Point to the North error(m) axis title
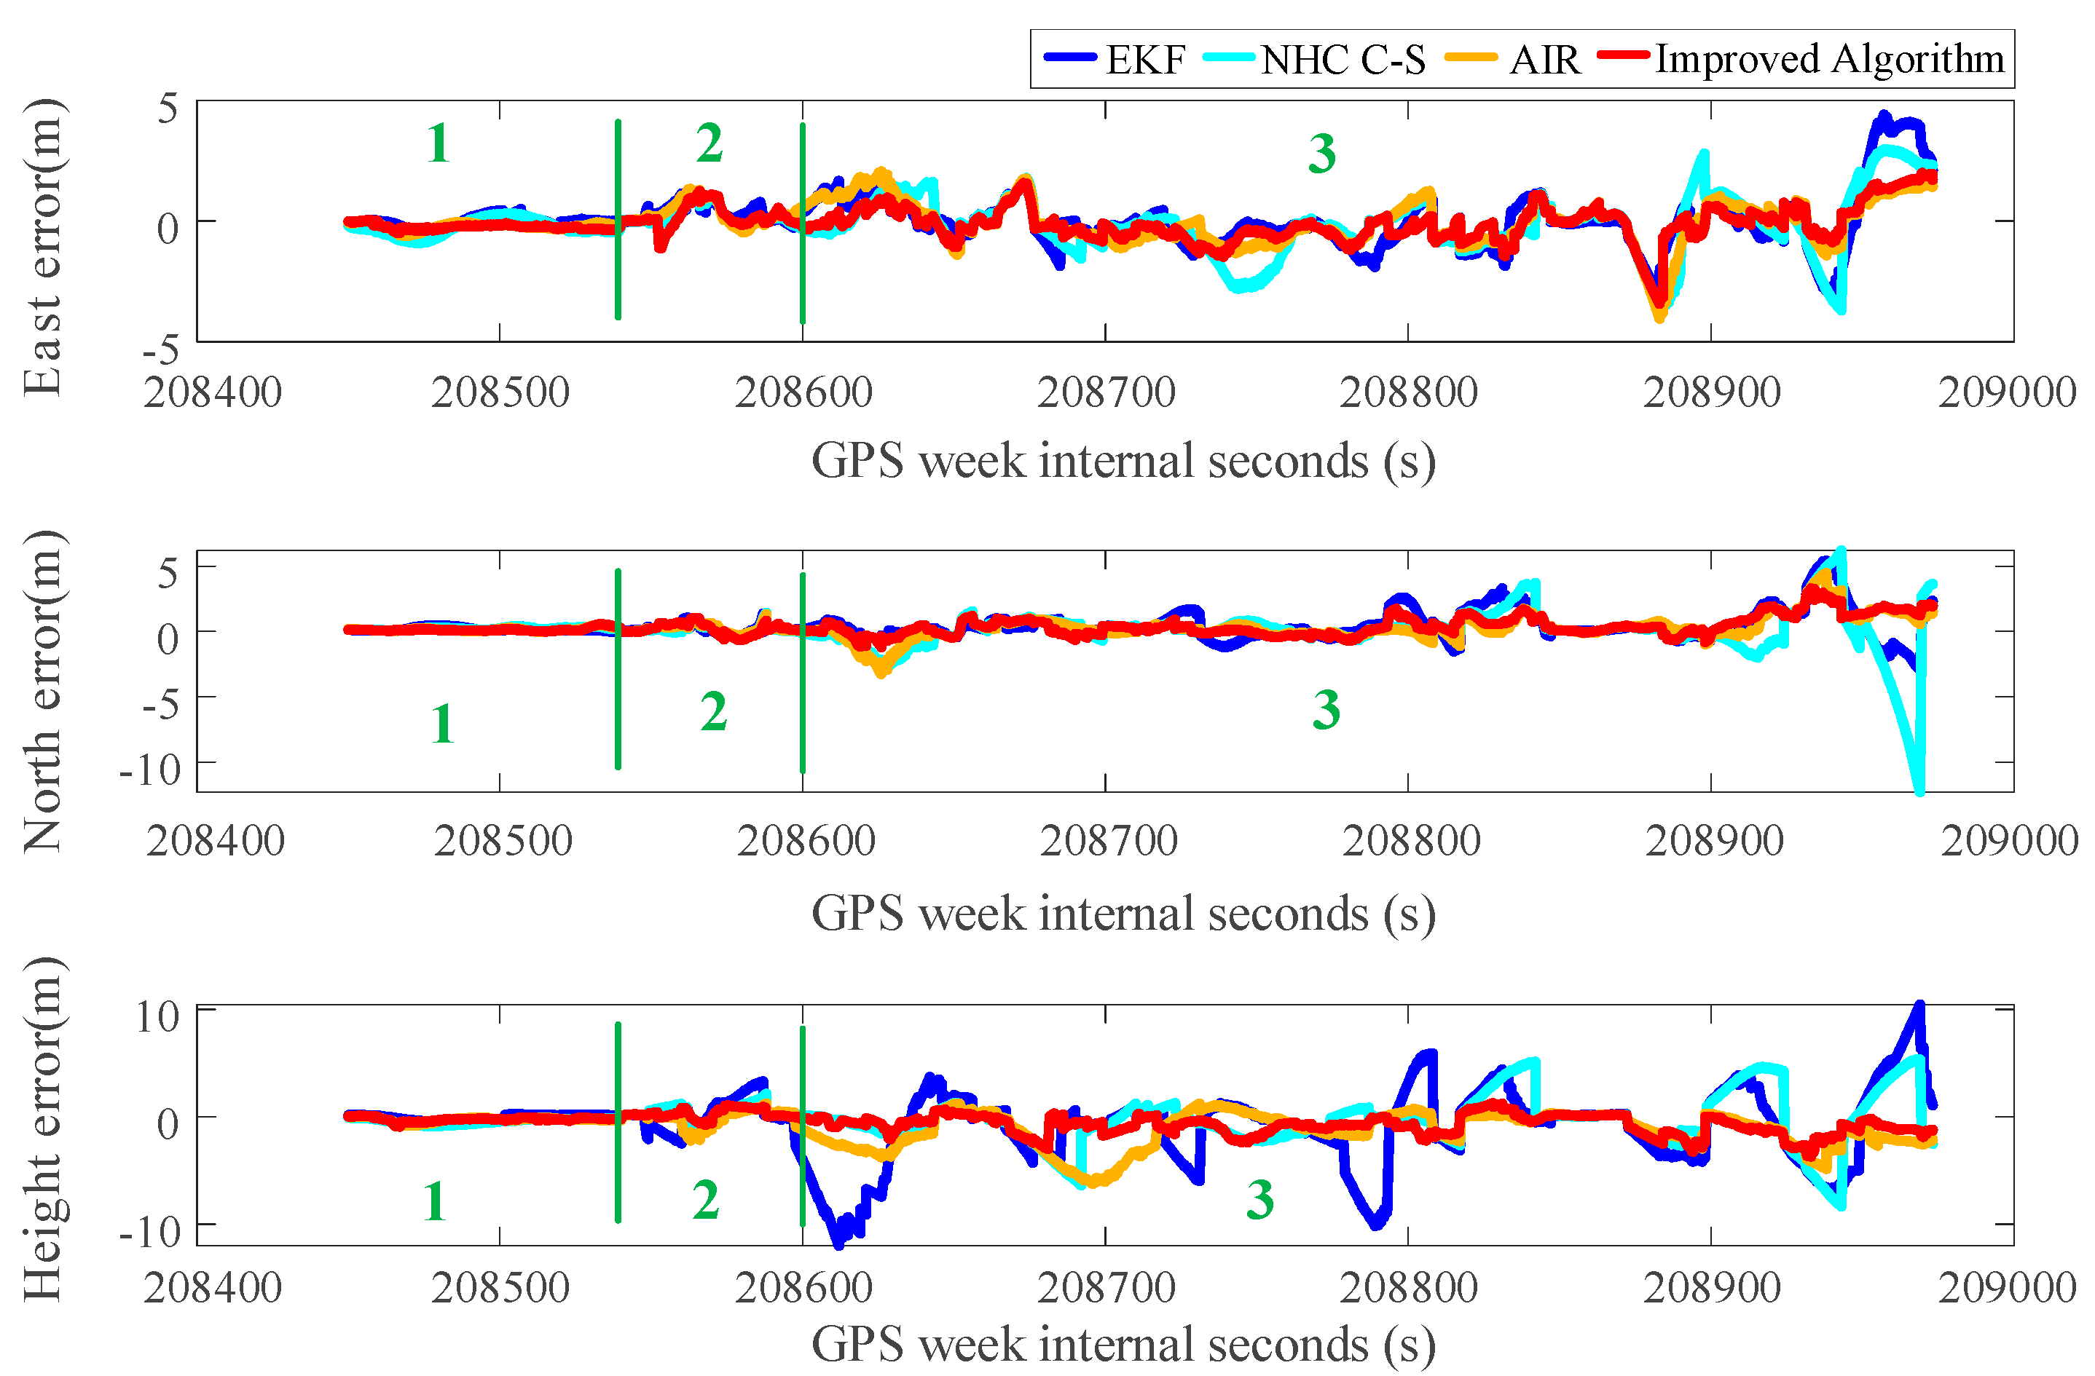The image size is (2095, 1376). click(x=42, y=692)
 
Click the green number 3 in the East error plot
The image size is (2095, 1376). click(x=1321, y=154)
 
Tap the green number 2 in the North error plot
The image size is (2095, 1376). click(x=713, y=711)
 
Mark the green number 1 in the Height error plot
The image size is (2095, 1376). click(x=434, y=1201)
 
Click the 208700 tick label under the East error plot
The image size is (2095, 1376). click(x=1106, y=392)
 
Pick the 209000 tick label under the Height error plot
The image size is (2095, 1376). click(x=2007, y=1288)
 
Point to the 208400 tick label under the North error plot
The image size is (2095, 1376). click(x=216, y=841)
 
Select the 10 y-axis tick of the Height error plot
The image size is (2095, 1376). click(x=157, y=1017)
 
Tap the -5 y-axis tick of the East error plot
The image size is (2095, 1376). click(x=160, y=350)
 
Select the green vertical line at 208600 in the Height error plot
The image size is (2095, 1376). click(x=802, y=1126)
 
